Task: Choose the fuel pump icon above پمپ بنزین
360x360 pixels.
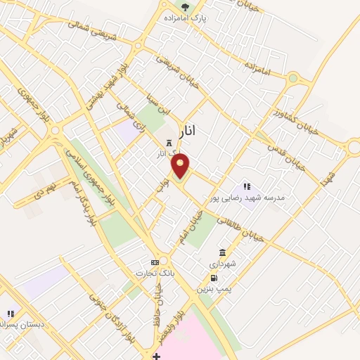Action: pyautogui.click(x=213, y=278)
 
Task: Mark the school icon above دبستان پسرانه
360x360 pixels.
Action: pyautogui.click(x=11, y=314)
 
